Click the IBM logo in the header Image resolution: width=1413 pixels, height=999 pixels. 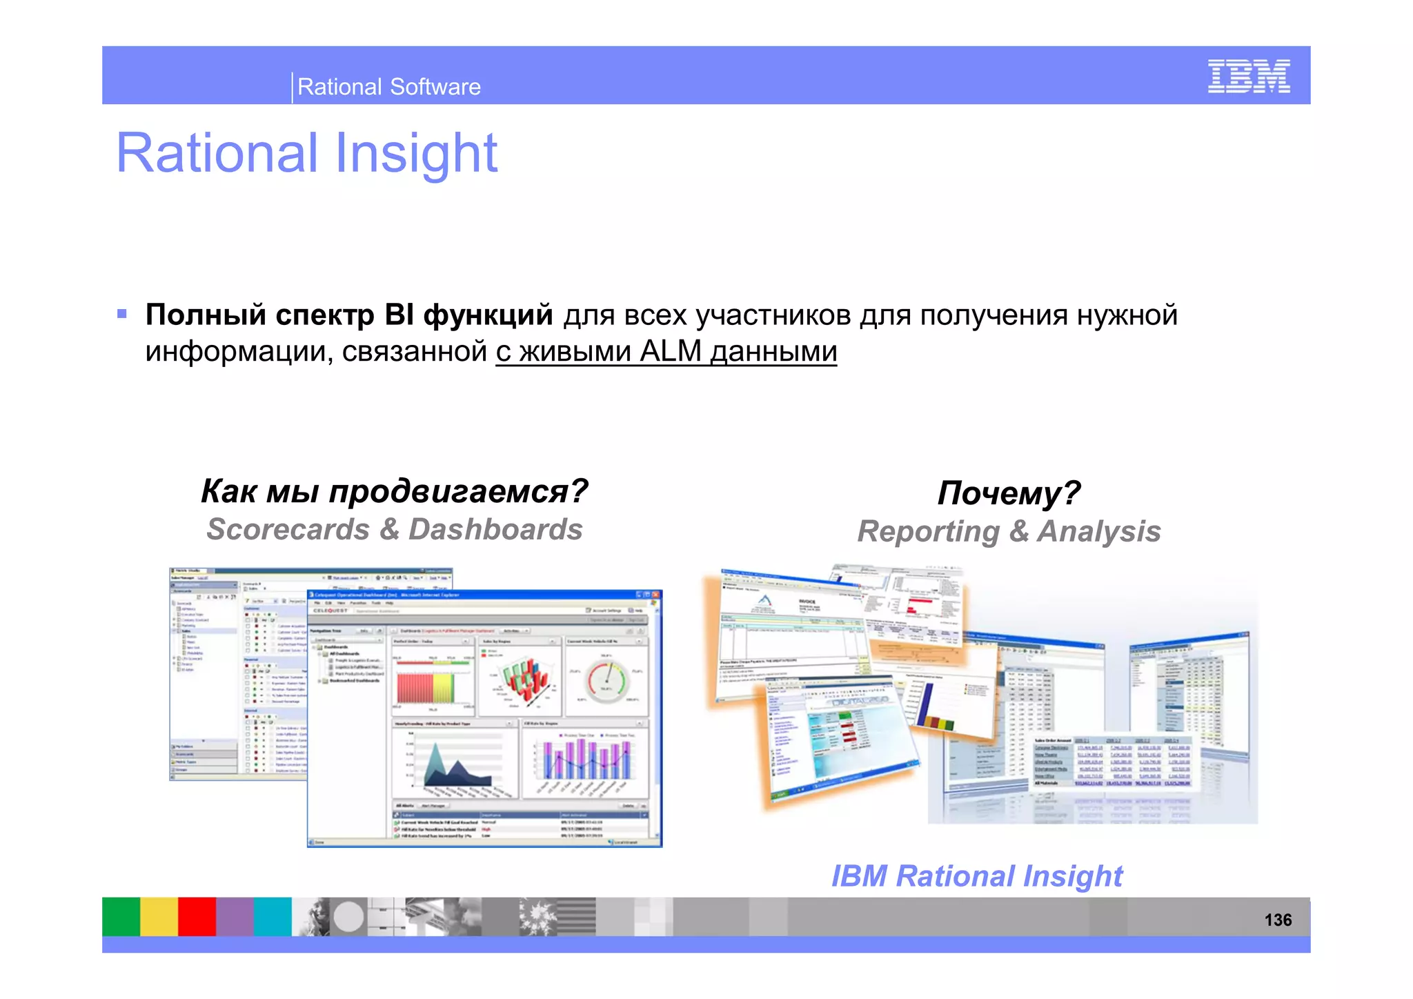pyautogui.click(x=1248, y=76)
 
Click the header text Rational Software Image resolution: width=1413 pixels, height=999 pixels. pyautogui.click(x=388, y=87)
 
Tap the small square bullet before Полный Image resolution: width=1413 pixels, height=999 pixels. pyautogui.click(x=122, y=315)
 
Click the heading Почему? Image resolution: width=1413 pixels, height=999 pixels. pyautogui.click(x=1008, y=493)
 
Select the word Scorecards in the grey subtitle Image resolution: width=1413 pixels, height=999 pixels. pyautogui.click(x=288, y=530)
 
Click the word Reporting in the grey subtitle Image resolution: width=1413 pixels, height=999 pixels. pyautogui.click(x=928, y=532)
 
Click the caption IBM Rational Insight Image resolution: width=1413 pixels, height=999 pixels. pyautogui.click(x=976, y=876)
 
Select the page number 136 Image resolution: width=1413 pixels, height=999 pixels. pyautogui.click(x=1277, y=920)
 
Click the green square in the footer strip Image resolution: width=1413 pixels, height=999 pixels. pyautogui.click(x=121, y=916)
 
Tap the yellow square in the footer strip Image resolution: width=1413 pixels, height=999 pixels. pyautogui.click(x=159, y=916)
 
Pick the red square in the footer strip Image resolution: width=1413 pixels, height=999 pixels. pyautogui.click(x=197, y=916)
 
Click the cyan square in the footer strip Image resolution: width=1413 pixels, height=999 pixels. pyautogui.click(x=273, y=916)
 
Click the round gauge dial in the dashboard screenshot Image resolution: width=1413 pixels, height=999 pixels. pyautogui.click(x=606, y=680)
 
